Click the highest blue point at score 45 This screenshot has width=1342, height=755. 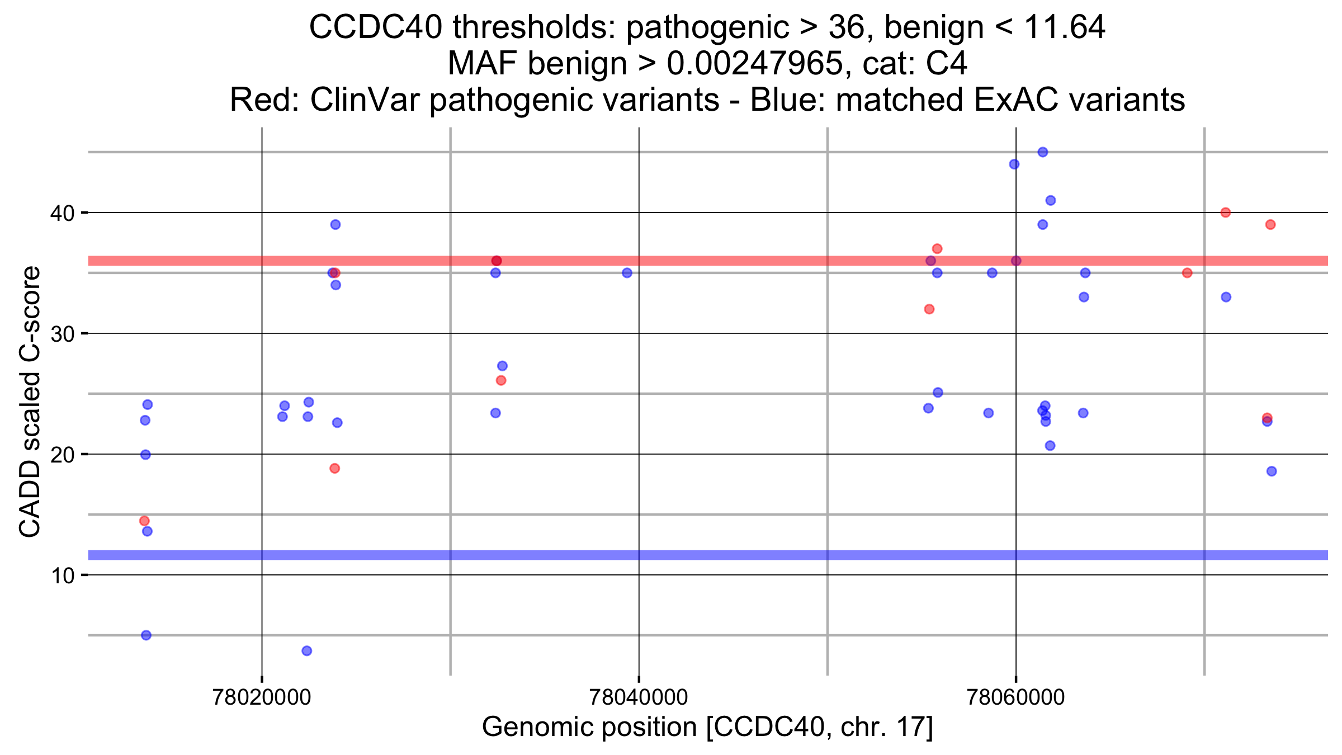[x=1042, y=152]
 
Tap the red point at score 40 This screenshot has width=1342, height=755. [x=1225, y=213]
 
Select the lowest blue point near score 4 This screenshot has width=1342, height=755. [x=306, y=650]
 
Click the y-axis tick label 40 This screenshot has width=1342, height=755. [x=62, y=213]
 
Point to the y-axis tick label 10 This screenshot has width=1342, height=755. [x=62, y=575]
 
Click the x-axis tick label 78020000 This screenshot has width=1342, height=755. [x=262, y=697]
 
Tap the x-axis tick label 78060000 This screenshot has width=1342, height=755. [x=1015, y=697]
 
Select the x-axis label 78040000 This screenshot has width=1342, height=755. [x=639, y=697]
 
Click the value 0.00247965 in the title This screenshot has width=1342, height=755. [x=755, y=63]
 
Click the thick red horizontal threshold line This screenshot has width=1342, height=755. [x=708, y=261]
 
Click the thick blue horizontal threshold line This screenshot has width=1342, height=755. [x=708, y=555]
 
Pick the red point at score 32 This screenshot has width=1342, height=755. [x=929, y=309]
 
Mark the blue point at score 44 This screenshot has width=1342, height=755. [x=1014, y=164]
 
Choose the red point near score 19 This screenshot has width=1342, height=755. [x=334, y=468]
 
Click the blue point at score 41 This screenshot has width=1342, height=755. [x=1050, y=200]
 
